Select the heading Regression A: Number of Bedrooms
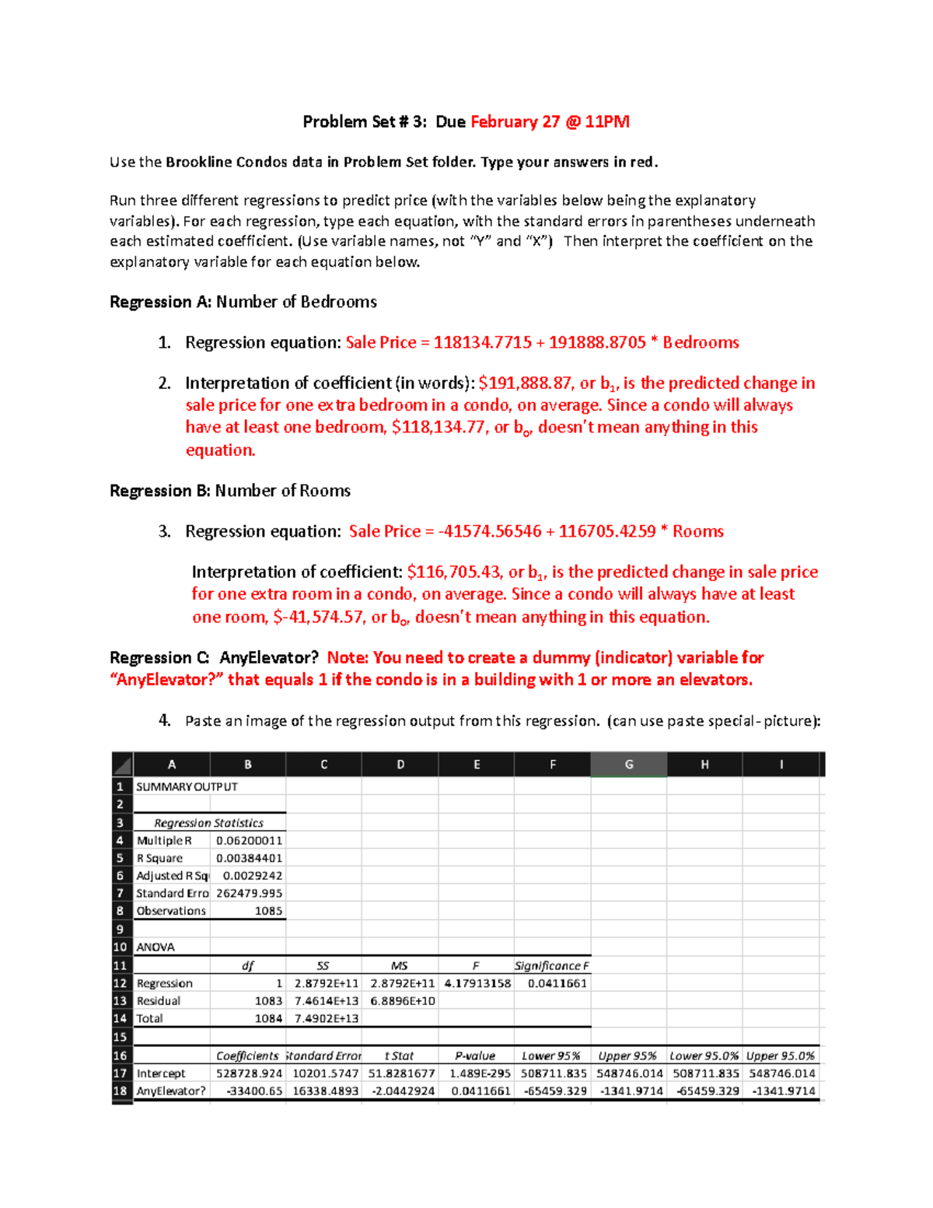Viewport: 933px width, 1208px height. [x=243, y=302]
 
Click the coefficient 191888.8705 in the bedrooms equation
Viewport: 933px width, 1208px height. [x=596, y=342]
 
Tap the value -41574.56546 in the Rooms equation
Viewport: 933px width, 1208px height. [x=490, y=531]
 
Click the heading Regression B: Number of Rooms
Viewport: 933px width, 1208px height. [x=230, y=491]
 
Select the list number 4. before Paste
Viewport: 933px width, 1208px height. [x=164, y=720]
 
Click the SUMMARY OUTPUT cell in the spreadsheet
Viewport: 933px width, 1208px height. [x=187, y=786]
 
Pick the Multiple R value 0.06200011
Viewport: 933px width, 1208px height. [x=249, y=840]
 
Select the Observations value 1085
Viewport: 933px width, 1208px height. [x=268, y=911]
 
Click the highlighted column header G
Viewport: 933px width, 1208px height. [x=628, y=765]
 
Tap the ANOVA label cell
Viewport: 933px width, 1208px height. [x=155, y=947]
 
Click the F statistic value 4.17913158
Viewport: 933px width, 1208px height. [x=477, y=983]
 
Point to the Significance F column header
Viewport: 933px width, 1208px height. [x=552, y=965]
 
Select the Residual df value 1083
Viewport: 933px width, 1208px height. [x=268, y=1001]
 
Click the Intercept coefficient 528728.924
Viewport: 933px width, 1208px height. [x=249, y=1073]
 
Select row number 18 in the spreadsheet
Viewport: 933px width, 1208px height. [x=121, y=1091]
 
